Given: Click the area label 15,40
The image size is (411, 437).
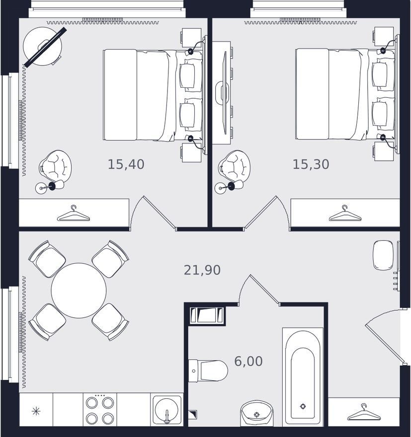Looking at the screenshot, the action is point(126,164).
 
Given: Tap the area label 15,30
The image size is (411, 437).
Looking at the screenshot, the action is point(311,164).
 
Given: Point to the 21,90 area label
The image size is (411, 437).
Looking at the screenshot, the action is point(202,270).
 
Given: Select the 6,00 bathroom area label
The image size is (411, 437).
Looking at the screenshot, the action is point(248,361).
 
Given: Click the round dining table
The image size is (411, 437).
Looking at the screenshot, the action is point(79,291).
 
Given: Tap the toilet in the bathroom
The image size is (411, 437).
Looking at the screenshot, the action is point(208,370).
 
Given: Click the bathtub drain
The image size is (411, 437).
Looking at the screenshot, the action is point(303,406).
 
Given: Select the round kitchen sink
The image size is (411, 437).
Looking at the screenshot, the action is point(166,410).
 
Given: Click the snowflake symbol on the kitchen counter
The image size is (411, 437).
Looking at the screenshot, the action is point(36,411).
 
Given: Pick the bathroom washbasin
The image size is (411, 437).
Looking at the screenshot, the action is point(257,413).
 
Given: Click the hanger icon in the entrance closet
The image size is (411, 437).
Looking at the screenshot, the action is point(364,412).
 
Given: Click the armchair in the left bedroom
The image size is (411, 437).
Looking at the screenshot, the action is point(55,167).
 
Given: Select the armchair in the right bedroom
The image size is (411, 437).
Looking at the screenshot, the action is point(234,167).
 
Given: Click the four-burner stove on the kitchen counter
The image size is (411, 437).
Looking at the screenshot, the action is point(100,409).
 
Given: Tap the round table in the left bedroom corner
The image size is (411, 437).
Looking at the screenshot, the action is point(42,46).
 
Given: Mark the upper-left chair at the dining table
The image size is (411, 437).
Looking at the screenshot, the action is point(47,259).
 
